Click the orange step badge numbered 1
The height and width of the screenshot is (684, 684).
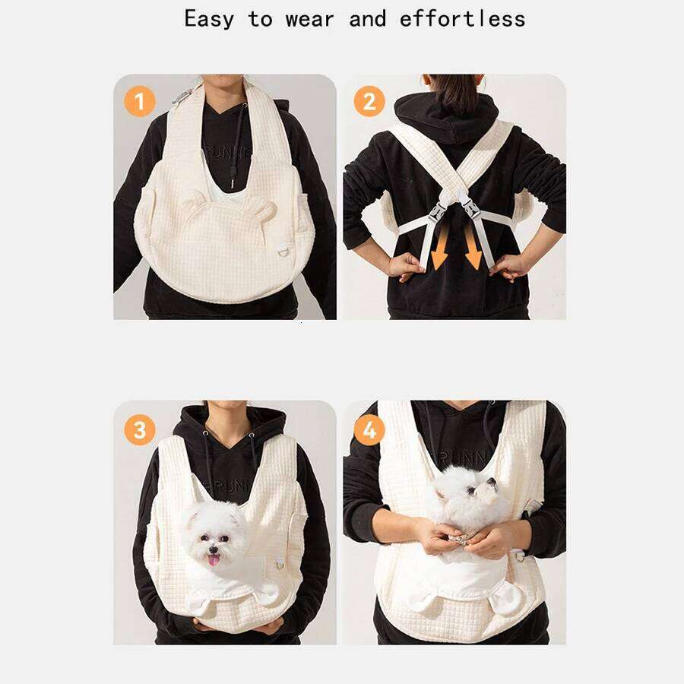pos(139,101)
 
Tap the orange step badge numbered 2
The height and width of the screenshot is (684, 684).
pos(369,101)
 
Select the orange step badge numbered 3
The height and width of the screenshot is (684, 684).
pos(139,430)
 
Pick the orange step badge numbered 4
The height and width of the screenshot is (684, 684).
pos(369,431)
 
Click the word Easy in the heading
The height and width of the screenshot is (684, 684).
pos(209,18)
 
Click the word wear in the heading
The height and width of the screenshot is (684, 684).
pos(310,18)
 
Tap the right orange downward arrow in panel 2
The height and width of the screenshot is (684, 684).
pos(473,249)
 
